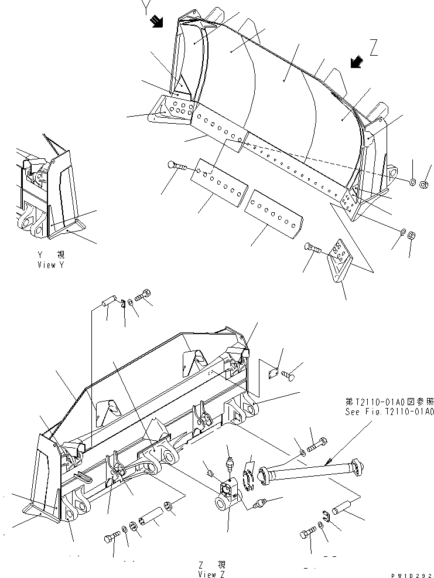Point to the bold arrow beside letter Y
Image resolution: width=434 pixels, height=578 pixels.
[156, 22]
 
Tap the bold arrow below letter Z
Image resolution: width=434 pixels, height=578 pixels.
[354, 62]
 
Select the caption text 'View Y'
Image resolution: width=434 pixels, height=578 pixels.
[52, 265]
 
